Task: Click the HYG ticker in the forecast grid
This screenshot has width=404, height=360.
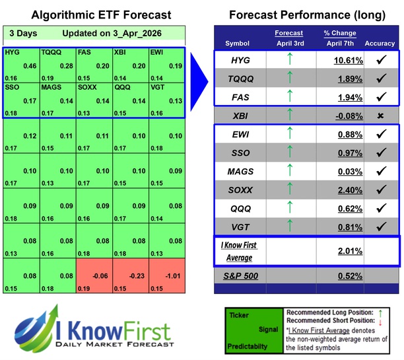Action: tap(11, 52)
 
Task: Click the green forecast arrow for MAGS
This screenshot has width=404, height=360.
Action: tap(288, 172)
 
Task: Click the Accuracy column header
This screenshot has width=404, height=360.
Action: tap(379, 44)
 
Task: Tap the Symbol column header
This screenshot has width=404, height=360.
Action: tap(238, 44)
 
